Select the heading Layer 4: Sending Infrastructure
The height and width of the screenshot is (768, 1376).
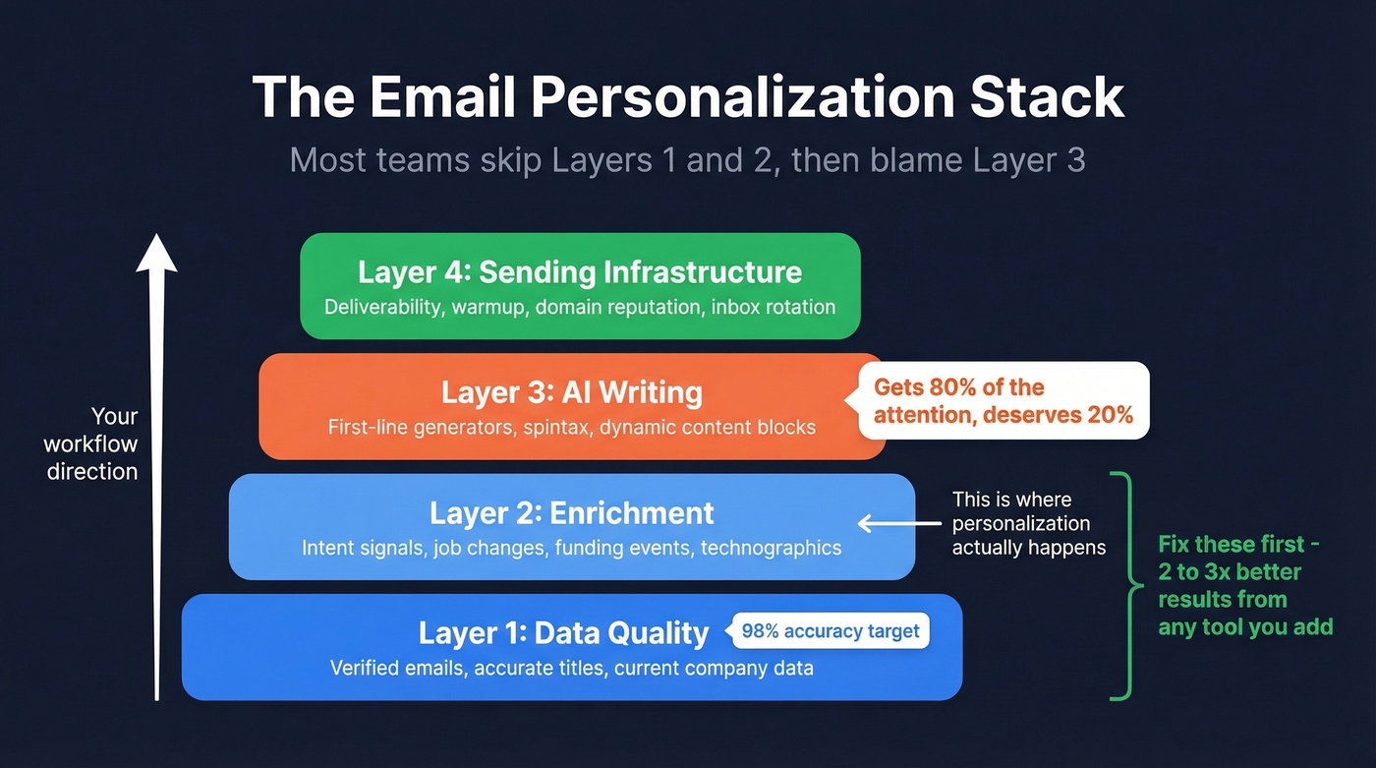pos(580,271)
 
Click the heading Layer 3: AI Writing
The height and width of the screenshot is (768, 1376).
pos(571,392)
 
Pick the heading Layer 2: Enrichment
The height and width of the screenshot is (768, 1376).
pos(571,512)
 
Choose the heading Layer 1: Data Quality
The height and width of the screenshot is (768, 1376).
pos(563,633)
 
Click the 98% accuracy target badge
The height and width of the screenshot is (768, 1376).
pos(831,631)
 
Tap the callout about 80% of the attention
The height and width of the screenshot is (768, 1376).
pos(1003,400)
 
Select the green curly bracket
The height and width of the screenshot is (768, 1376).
pos(1122,586)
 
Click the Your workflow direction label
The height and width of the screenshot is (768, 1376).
pos(91,443)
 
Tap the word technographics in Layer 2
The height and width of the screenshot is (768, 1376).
pos(771,548)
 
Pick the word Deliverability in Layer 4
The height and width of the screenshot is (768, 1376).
pos(383,307)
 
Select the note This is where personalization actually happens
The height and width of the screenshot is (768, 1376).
pos(1028,523)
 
